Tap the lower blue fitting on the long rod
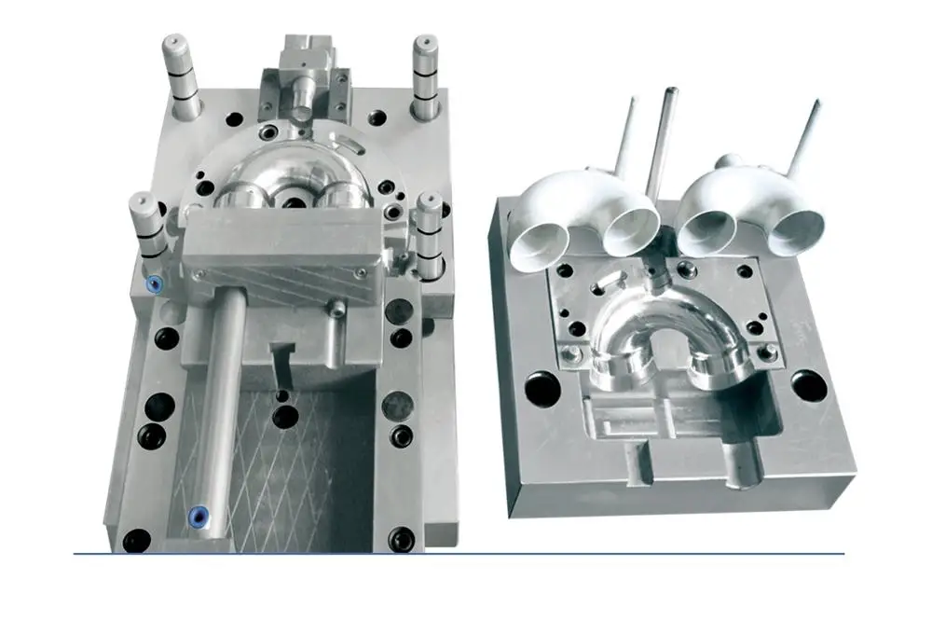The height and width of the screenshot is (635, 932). pos(197,515)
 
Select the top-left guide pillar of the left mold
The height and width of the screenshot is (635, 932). pos(180,75)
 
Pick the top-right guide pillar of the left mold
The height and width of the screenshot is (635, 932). pos(427,76)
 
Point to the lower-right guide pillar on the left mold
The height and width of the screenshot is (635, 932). pos(429,233)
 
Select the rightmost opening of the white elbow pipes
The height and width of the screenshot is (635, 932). pos(799,231)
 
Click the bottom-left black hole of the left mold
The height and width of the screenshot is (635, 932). pos(137,540)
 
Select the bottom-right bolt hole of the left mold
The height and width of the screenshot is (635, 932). pos(402,538)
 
